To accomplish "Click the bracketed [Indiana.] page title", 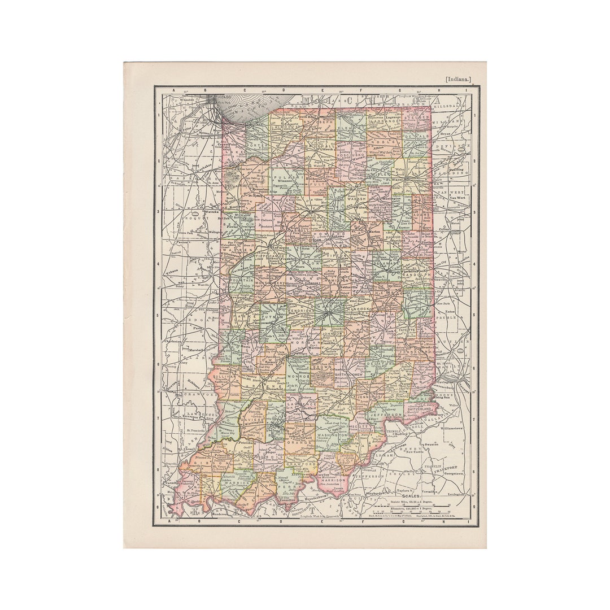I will (x=457, y=80).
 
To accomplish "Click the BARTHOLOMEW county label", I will (x=352, y=374).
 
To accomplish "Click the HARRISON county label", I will (x=333, y=480).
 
